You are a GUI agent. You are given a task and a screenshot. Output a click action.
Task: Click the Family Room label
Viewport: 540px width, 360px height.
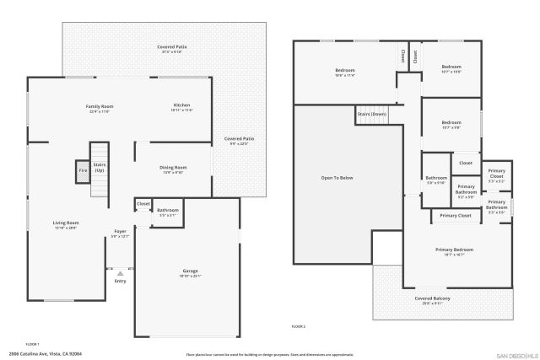100,106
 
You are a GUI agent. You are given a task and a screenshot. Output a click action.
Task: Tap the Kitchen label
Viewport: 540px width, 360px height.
182,106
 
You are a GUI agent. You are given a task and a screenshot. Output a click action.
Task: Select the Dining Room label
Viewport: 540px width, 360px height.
173,168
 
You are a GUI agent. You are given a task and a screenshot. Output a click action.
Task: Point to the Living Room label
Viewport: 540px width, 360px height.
66,223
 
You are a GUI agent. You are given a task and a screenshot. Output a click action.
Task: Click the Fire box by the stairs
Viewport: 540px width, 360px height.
83,170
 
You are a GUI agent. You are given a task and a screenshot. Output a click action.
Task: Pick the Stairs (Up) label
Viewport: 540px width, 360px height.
99,167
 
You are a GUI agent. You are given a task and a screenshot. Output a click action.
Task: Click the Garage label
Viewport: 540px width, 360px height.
190,271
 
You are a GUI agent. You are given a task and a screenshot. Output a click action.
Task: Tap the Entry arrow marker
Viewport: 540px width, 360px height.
120,273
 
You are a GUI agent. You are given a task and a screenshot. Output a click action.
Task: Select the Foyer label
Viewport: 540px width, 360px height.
121,231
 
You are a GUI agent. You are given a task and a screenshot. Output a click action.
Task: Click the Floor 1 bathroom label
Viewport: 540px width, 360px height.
167,210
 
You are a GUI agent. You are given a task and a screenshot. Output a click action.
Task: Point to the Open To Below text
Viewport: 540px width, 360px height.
337,178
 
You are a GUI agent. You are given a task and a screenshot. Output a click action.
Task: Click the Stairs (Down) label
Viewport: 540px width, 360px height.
372,113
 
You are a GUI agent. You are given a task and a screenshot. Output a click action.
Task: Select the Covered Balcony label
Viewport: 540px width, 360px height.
431,298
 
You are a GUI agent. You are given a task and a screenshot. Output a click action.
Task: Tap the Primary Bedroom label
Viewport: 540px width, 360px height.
454,250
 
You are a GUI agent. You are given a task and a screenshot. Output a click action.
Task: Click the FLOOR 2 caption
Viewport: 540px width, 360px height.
299,325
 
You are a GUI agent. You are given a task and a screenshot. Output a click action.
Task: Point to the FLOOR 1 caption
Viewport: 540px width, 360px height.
33,343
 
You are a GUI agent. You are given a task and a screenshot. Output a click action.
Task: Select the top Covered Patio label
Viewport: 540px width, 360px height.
171,46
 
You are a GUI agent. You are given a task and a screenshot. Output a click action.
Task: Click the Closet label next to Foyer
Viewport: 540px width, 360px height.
143,203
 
